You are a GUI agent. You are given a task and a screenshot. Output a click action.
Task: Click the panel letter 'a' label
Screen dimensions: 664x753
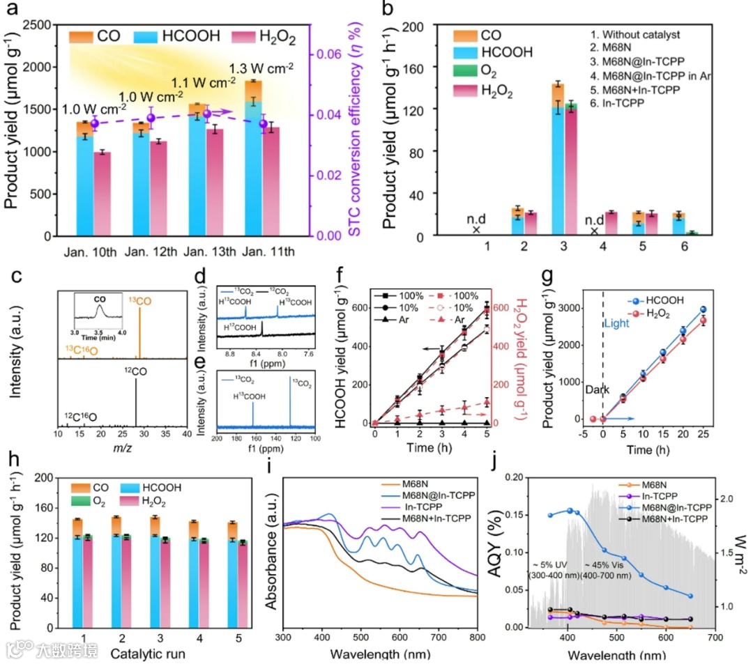(13, 12)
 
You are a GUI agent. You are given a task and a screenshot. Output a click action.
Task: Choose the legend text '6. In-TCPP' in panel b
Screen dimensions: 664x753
(614, 103)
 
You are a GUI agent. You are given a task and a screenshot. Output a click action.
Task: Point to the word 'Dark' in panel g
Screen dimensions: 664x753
(587, 392)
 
